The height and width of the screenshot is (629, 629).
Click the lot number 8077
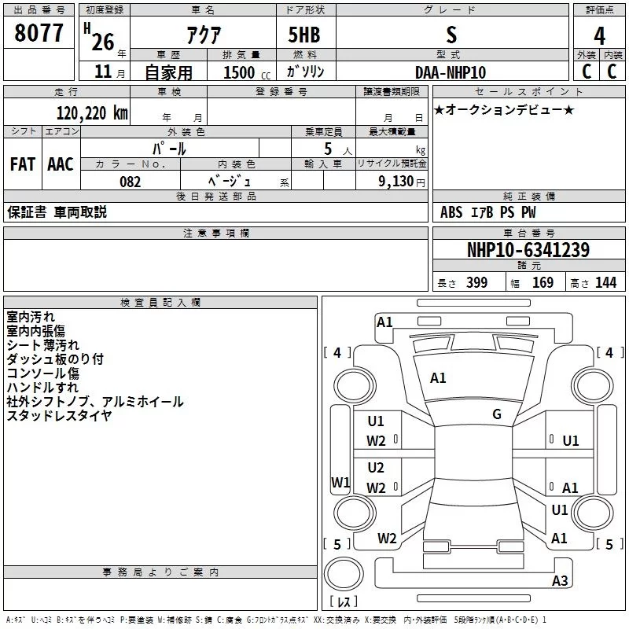[x=39, y=33]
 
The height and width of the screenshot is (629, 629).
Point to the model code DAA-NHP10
[x=450, y=72]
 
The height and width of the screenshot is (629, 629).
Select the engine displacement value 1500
[x=239, y=72]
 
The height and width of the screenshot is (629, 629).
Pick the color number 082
[x=130, y=182]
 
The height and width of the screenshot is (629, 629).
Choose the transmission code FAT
[x=22, y=164]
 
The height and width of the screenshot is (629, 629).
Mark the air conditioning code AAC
[x=61, y=164]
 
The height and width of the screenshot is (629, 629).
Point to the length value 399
[x=476, y=283]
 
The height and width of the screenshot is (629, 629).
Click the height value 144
[x=605, y=283]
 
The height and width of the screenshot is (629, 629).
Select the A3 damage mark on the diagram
[x=560, y=581]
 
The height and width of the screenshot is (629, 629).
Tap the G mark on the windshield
[x=497, y=414]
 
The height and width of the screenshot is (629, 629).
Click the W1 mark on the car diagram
[x=340, y=482]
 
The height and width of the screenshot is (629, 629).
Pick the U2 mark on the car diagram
[x=376, y=468]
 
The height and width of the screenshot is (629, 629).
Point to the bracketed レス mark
[x=343, y=602]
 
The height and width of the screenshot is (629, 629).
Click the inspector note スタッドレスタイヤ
[x=59, y=416]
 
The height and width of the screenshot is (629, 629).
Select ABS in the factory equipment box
[x=451, y=212]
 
